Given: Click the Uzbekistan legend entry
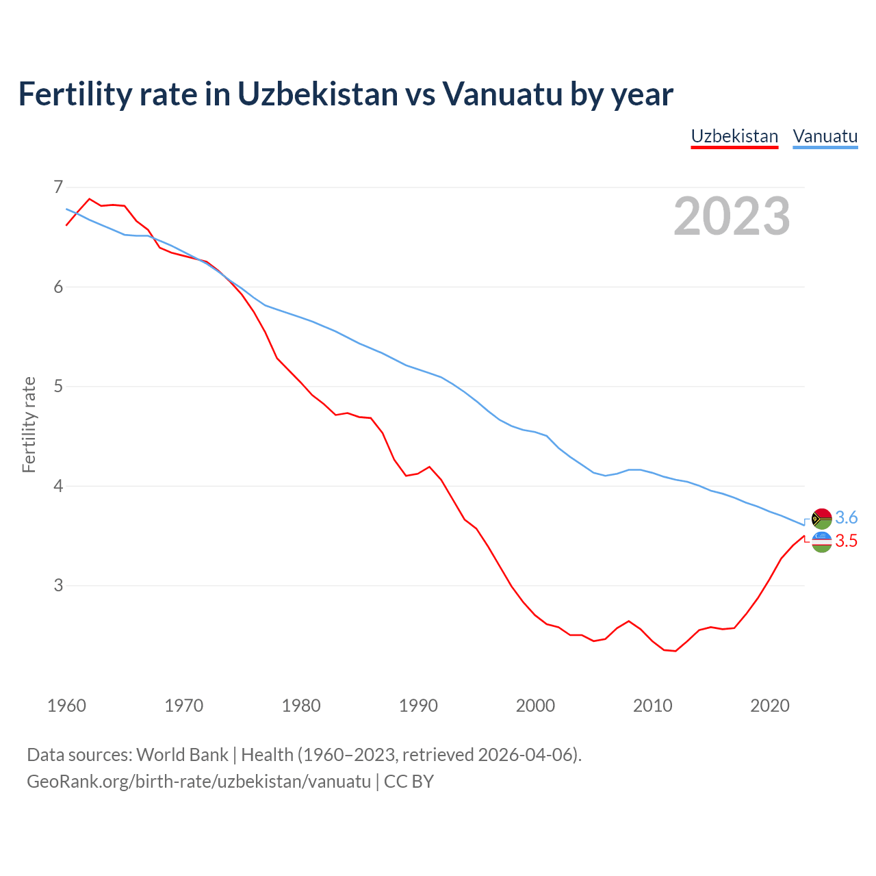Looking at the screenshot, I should pyautogui.click(x=734, y=136).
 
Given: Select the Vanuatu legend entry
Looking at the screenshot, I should pyautogui.click(x=825, y=136).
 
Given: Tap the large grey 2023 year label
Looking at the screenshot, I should pyautogui.click(x=732, y=216).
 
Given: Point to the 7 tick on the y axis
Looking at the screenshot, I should pyautogui.click(x=58, y=187).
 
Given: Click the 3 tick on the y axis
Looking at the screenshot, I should pyautogui.click(x=58, y=585).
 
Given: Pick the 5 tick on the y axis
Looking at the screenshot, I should pyautogui.click(x=58, y=386).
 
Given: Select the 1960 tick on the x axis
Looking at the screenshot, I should pyautogui.click(x=66, y=706).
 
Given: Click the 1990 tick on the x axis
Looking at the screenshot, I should pyautogui.click(x=418, y=706).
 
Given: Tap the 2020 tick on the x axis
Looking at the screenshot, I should pyautogui.click(x=770, y=706).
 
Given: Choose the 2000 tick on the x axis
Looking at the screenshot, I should pyautogui.click(x=535, y=706).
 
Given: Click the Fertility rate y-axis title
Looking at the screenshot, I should pyautogui.click(x=29, y=424).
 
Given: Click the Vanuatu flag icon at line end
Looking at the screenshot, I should pyautogui.click(x=821, y=519).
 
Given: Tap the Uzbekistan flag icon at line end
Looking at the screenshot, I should pyautogui.click(x=821, y=541).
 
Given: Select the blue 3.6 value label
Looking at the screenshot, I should pyautogui.click(x=847, y=518).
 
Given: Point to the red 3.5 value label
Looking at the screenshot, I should pyautogui.click(x=847, y=541).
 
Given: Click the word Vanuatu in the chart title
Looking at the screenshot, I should pyautogui.click(x=502, y=94).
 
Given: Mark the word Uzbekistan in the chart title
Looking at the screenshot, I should pyautogui.click(x=318, y=94).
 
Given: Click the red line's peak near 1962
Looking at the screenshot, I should pyautogui.click(x=90, y=199).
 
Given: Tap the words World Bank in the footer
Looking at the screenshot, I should pyautogui.click(x=182, y=755).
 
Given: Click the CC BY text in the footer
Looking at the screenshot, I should pyautogui.click(x=409, y=782).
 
